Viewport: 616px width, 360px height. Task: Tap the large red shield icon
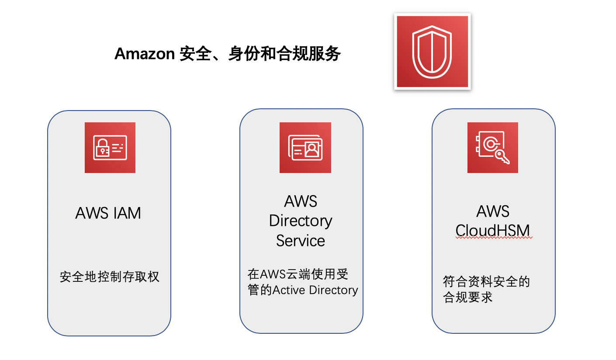[x=432, y=52]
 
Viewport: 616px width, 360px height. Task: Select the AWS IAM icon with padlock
[x=110, y=148]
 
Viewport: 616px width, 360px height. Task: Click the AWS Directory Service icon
[x=305, y=148]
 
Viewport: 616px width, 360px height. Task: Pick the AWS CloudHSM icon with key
[x=492, y=148]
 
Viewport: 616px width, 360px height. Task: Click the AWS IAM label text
[x=108, y=213]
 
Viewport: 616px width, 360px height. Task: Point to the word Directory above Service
[x=301, y=221]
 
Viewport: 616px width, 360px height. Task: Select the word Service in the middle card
[x=301, y=241]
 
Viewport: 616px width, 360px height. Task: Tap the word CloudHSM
[x=493, y=230]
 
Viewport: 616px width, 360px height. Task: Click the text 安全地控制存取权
[x=110, y=277]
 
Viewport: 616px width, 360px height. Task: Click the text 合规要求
[x=468, y=298]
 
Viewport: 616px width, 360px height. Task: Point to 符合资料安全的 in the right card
[x=486, y=281]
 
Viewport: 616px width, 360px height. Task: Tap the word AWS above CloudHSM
[x=493, y=211]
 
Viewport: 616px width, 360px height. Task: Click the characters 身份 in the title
[x=244, y=54]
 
